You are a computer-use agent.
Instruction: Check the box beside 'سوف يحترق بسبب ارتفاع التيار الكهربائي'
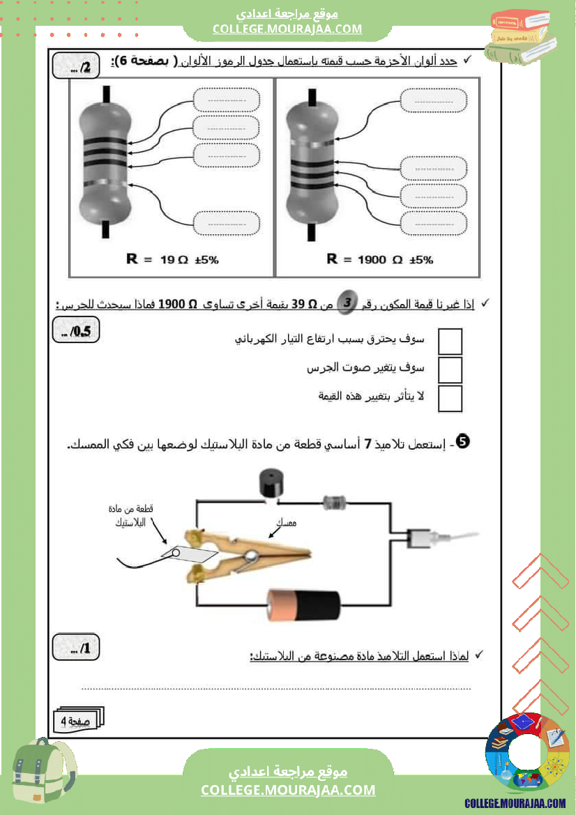(450, 342)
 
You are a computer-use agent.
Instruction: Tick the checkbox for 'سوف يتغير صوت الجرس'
(450, 370)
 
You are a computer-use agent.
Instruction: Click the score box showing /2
(77, 68)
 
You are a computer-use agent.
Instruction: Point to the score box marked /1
(77, 648)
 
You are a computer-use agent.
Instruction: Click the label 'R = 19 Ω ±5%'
(172, 259)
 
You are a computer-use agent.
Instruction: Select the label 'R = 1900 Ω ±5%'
(380, 259)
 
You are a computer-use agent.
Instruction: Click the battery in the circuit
(304, 604)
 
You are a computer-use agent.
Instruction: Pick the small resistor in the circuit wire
(335, 501)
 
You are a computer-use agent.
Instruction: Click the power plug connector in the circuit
(425, 538)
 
